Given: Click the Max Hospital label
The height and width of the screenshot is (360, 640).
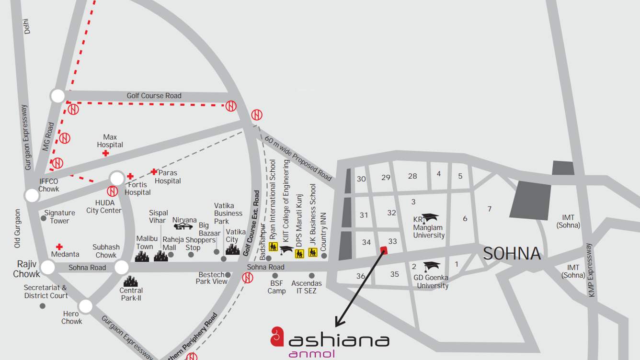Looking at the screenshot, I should click(x=110, y=141).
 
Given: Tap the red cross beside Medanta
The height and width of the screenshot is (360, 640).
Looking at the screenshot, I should click(x=59, y=247).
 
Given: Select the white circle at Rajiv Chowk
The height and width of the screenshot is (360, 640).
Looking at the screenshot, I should click(x=47, y=267).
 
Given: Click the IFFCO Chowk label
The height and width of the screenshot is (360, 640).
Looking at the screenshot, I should click(x=48, y=185).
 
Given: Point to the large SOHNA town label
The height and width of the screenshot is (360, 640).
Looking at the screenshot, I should click(x=512, y=253).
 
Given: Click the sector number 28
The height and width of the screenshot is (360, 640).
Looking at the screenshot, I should click(x=412, y=176).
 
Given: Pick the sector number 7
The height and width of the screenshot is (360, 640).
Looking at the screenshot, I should click(x=489, y=209).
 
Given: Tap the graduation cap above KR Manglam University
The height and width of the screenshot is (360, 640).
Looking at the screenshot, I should click(x=430, y=218).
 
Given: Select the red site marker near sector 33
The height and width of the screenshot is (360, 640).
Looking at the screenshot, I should click(x=384, y=250).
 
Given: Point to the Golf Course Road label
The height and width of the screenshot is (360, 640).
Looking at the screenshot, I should click(x=154, y=96).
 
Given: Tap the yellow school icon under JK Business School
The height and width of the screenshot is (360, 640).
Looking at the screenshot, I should click(x=313, y=252).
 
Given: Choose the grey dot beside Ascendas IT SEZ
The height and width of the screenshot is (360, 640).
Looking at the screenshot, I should click(x=312, y=276).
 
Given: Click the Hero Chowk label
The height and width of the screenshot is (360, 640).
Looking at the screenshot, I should click(x=71, y=318).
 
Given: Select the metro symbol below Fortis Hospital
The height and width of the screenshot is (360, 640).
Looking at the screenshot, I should click(x=113, y=191).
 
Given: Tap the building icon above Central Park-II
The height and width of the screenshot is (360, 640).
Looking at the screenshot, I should click(x=130, y=281).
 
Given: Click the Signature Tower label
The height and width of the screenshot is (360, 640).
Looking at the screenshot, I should click(x=59, y=217).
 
